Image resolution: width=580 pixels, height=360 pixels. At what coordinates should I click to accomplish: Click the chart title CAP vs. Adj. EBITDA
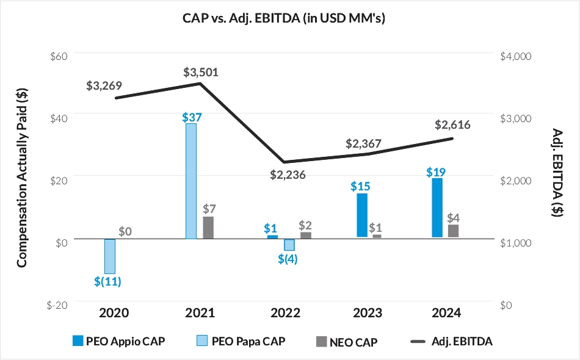tap(289, 18)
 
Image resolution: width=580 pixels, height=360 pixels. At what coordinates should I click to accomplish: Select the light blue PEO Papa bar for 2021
tap(190, 181)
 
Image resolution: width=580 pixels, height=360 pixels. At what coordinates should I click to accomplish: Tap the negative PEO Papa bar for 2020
tap(110, 256)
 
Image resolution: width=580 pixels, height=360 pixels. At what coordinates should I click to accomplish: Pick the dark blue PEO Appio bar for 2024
tap(437, 207)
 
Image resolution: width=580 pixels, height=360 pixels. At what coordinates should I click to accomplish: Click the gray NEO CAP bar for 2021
tap(208, 227)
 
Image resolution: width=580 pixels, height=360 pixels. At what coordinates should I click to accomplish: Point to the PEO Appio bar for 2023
tap(362, 215)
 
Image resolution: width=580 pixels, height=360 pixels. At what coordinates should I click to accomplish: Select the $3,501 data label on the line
tap(201, 73)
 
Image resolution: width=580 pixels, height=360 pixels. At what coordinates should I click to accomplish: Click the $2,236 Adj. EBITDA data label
tap(288, 175)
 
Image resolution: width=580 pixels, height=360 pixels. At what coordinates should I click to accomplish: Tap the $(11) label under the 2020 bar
tap(108, 281)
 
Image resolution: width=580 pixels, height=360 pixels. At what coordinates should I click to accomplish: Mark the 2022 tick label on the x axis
tap(285, 314)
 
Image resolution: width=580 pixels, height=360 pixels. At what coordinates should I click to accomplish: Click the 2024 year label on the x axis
tap(446, 314)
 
